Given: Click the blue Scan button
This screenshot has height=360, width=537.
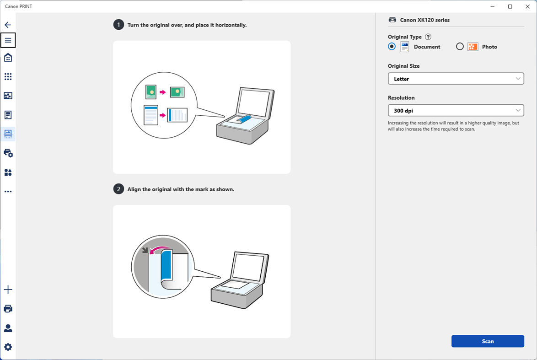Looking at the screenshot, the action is [487, 341].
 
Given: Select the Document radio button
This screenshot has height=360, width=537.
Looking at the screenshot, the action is [392, 47].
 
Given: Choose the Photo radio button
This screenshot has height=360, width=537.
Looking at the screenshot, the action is [460, 47].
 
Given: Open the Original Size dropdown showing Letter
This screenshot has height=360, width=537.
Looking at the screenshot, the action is [456, 79].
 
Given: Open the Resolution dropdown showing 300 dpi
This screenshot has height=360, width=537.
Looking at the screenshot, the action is [456, 110].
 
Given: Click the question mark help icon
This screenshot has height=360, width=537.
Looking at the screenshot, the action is [428, 37].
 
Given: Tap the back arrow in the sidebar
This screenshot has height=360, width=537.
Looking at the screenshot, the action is [8, 25].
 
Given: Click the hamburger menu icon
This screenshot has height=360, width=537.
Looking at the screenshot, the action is [8, 40].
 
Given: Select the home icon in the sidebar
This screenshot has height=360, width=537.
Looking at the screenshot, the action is [8, 57].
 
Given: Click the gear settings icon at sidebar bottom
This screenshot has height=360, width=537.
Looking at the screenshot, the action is [8, 347].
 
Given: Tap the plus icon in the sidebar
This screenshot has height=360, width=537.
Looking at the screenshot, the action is [8, 290].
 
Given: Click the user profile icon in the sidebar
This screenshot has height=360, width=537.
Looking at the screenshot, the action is [8, 328].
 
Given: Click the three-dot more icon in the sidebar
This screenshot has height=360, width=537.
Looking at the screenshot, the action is [8, 192].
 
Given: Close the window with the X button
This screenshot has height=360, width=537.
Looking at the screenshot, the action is [528, 6].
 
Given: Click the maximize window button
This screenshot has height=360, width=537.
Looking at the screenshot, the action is [510, 6].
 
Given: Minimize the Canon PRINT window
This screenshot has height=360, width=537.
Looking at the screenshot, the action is [493, 6].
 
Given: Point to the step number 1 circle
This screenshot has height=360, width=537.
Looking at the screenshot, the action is [118, 25].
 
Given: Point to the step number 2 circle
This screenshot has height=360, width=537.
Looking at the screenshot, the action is [118, 189].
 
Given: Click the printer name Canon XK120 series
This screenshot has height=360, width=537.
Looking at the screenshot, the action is [424, 20].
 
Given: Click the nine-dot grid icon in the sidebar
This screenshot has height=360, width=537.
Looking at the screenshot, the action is [8, 76].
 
